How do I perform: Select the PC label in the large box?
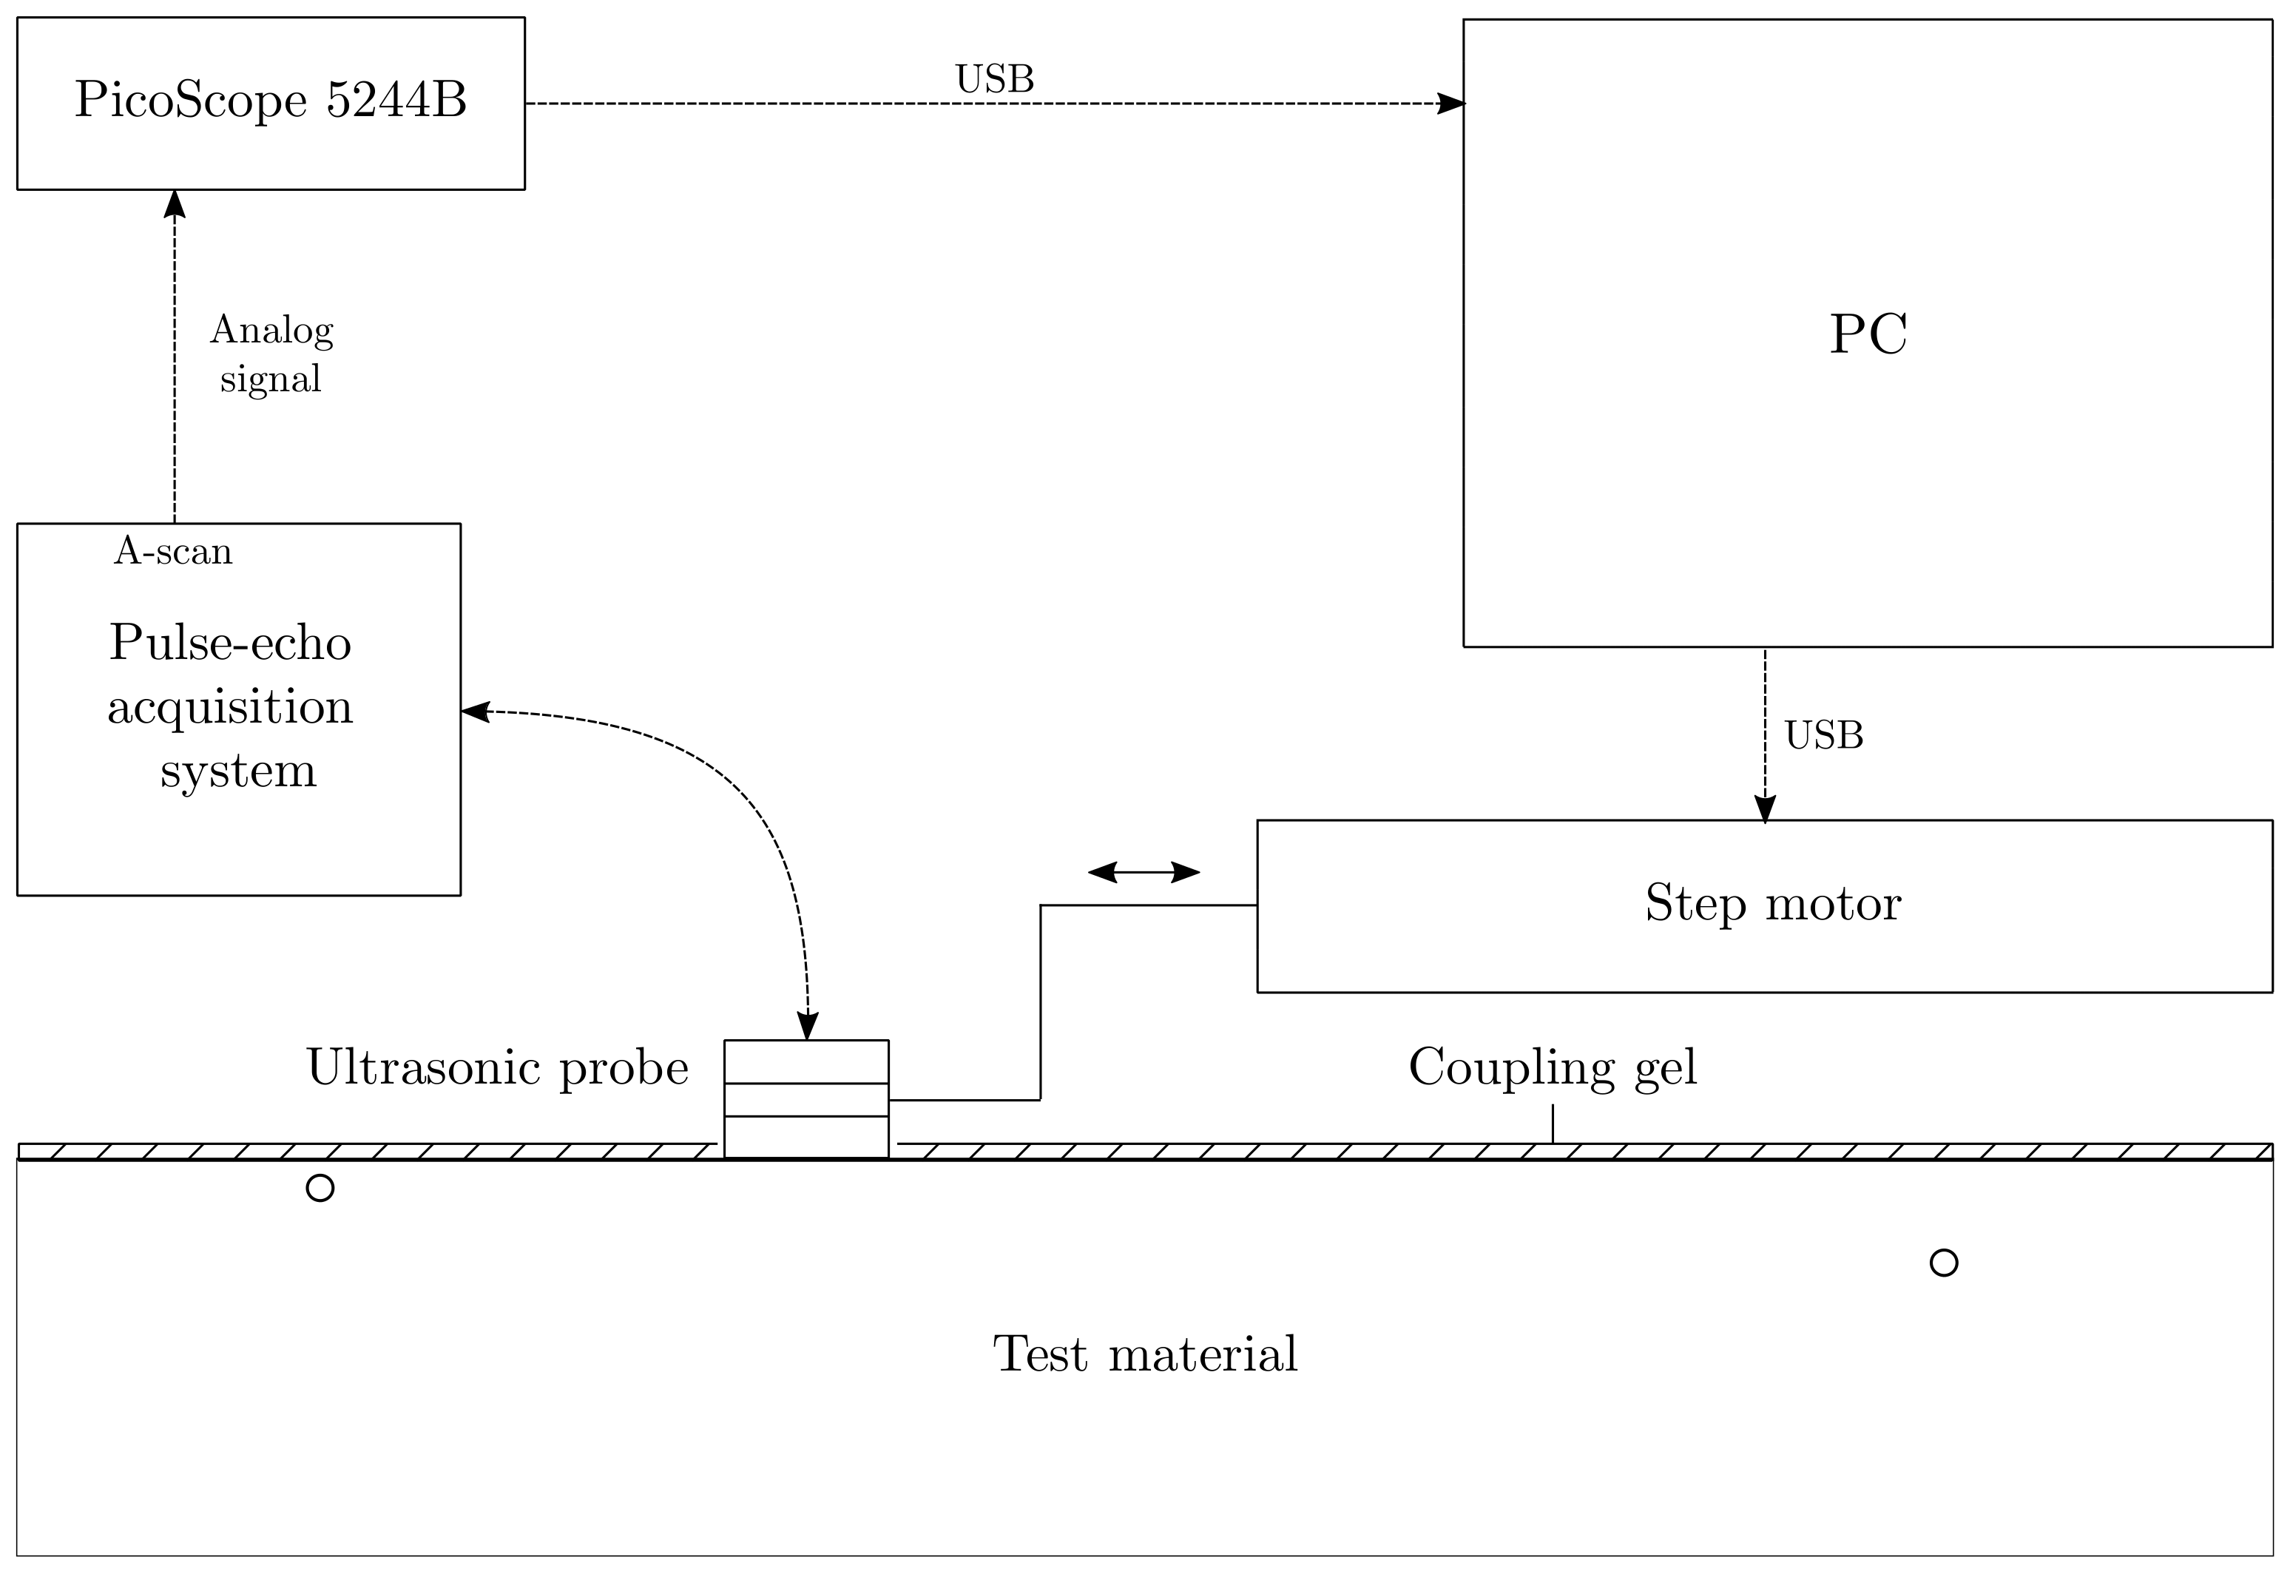pyautogui.click(x=1867, y=334)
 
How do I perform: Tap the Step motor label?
pyautogui.click(x=1772, y=903)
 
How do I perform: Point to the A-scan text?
pyautogui.click(x=174, y=551)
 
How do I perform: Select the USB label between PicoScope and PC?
pyautogui.click(x=994, y=80)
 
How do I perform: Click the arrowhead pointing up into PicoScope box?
pyautogui.click(x=175, y=204)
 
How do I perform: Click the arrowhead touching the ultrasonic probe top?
pyautogui.click(x=807, y=1026)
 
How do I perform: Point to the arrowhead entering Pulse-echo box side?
pyautogui.click(x=476, y=711)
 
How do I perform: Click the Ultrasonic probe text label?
pyautogui.click(x=497, y=1068)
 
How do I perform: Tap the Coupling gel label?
pyautogui.click(x=1553, y=1068)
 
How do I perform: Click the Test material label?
pyautogui.click(x=1144, y=1355)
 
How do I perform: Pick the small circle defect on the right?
pyautogui.click(x=1943, y=1263)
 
